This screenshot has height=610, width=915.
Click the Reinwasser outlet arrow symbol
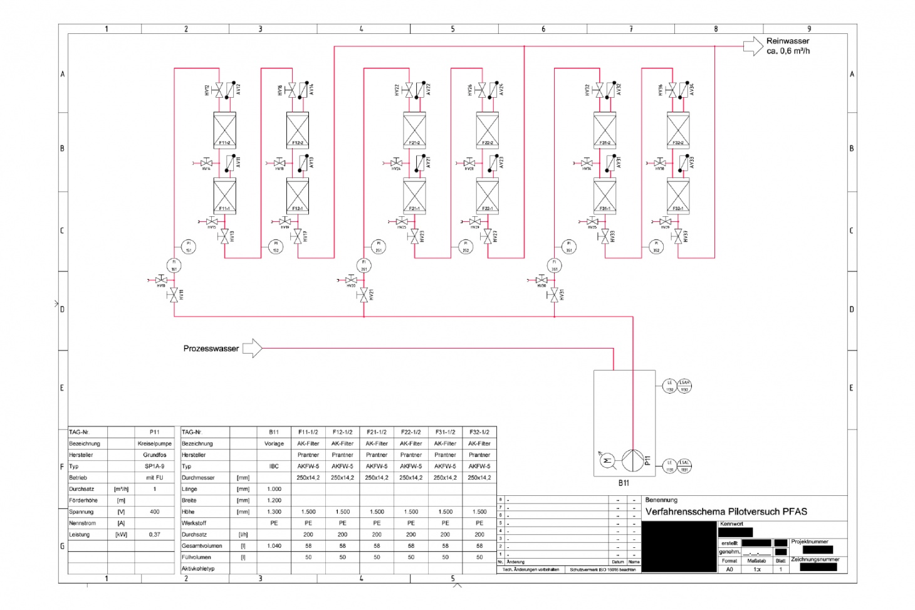point(753,46)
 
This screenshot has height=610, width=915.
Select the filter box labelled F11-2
point(225,130)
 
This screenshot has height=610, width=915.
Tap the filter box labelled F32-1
point(678,196)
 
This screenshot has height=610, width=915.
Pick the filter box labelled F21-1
point(414,196)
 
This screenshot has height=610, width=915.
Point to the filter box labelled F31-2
point(605,130)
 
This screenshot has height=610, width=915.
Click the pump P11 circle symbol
point(632,460)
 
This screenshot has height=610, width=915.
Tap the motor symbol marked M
point(607,460)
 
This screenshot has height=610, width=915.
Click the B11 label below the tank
point(624,483)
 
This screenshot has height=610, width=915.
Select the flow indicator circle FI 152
point(276,247)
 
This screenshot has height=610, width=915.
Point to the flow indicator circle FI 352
point(656,247)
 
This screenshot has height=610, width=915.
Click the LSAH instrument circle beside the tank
point(684,386)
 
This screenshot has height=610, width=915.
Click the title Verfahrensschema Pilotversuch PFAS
point(726,512)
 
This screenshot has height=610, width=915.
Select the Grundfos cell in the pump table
point(154,455)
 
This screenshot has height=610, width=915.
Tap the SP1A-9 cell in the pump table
point(154,466)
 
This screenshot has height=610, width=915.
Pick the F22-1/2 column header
point(410,432)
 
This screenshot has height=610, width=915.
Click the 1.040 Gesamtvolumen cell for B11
point(274,545)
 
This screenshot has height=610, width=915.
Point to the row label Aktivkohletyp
point(198,569)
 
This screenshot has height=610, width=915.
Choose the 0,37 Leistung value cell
point(154,534)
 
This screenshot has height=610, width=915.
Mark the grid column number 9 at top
point(808,29)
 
